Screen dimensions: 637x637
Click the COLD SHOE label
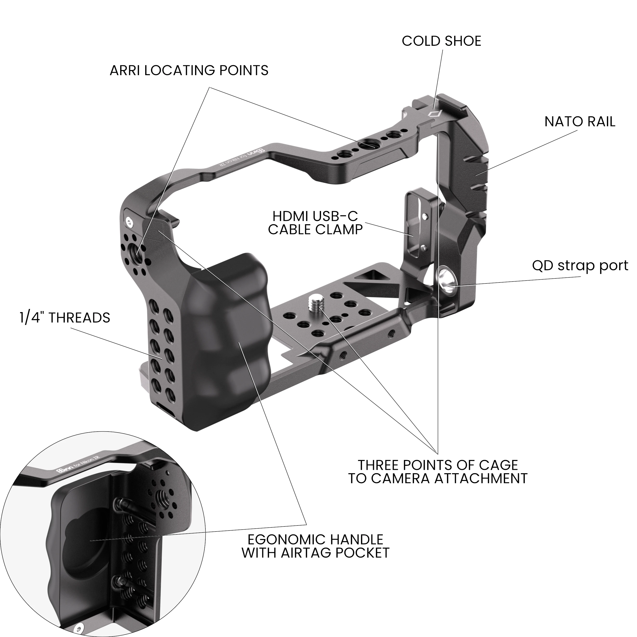coord(441,41)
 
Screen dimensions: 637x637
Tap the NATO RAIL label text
coord(579,122)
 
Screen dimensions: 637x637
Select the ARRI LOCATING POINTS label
coord(189,71)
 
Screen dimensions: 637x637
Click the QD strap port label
coord(580,266)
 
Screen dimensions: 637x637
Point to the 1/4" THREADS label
coord(65,318)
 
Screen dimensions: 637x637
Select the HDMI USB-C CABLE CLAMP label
coord(315,223)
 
